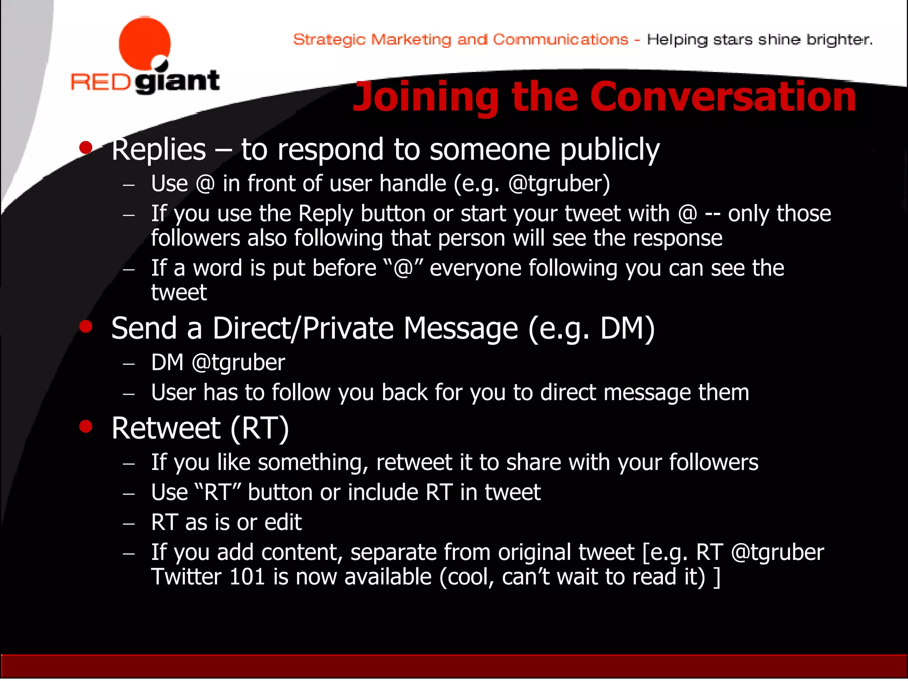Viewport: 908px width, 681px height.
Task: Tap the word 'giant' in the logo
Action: coord(177,81)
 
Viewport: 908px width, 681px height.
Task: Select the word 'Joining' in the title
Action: coord(426,98)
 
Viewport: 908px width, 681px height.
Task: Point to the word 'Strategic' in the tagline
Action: coord(329,40)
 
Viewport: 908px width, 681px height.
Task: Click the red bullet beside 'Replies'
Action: coord(86,147)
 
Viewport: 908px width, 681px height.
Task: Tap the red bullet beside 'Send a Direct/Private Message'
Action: coord(86,327)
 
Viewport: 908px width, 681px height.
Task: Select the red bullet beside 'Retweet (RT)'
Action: coord(86,427)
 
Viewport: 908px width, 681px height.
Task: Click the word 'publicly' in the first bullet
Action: coord(610,150)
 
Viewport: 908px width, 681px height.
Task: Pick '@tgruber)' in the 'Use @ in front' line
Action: coord(559,184)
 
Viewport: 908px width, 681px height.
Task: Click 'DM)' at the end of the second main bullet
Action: coord(627,329)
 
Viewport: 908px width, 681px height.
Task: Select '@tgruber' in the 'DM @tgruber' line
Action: coord(239,363)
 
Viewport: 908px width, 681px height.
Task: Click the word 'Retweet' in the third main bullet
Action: coord(166,429)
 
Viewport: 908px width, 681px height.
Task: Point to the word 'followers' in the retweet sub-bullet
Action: coord(713,462)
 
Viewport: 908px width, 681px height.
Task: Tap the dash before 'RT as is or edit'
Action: coord(129,524)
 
